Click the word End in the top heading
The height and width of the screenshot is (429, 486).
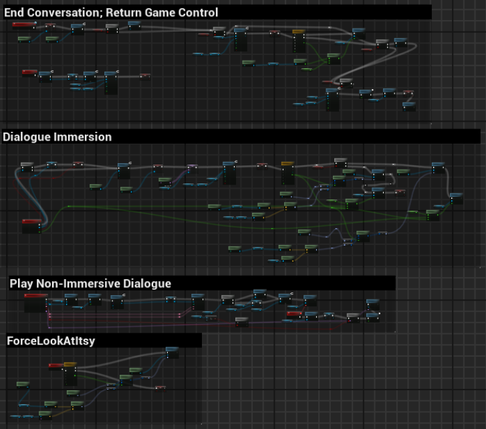pyautogui.click(x=15, y=12)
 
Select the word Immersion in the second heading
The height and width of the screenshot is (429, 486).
pyautogui.click(x=82, y=137)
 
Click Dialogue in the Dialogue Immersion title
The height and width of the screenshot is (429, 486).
pyautogui.click(x=26, y=137)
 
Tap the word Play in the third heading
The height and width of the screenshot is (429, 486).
pyautogui.click(x=21, y=284)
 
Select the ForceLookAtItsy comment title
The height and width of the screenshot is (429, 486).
pyautogui.click(x=50, y=341)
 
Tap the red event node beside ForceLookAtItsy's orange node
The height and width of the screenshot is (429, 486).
pyautogui.click(x=55, y=365)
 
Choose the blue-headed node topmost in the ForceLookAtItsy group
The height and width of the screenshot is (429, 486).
pyautogui.click(x=172, y=352)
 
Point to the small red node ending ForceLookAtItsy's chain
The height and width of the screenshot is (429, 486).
pyautogui.click(x=160, y=388)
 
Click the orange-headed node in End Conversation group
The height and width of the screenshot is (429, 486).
pyautogui.click(x=299, y=40)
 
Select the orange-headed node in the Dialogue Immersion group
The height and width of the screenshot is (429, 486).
pyautogui.click(x=288, y=172)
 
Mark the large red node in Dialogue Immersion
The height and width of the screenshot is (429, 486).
pyautogui.click(x=31, y=226)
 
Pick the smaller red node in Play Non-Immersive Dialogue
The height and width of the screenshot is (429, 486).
pyautogui.click(x=294, y=314)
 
